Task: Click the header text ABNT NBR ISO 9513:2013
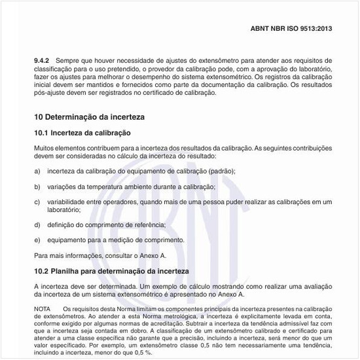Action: [291, 29]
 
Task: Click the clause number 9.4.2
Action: [43, 60]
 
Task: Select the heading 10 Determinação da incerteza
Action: [89, 117]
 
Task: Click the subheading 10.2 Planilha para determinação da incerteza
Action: [111, 270]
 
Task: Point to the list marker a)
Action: [37, 171]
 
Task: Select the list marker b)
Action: [37, 187]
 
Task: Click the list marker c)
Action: [37, 202]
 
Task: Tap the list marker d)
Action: [37, 225]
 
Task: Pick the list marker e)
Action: [37, 240]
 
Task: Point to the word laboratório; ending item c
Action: [63, 210]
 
